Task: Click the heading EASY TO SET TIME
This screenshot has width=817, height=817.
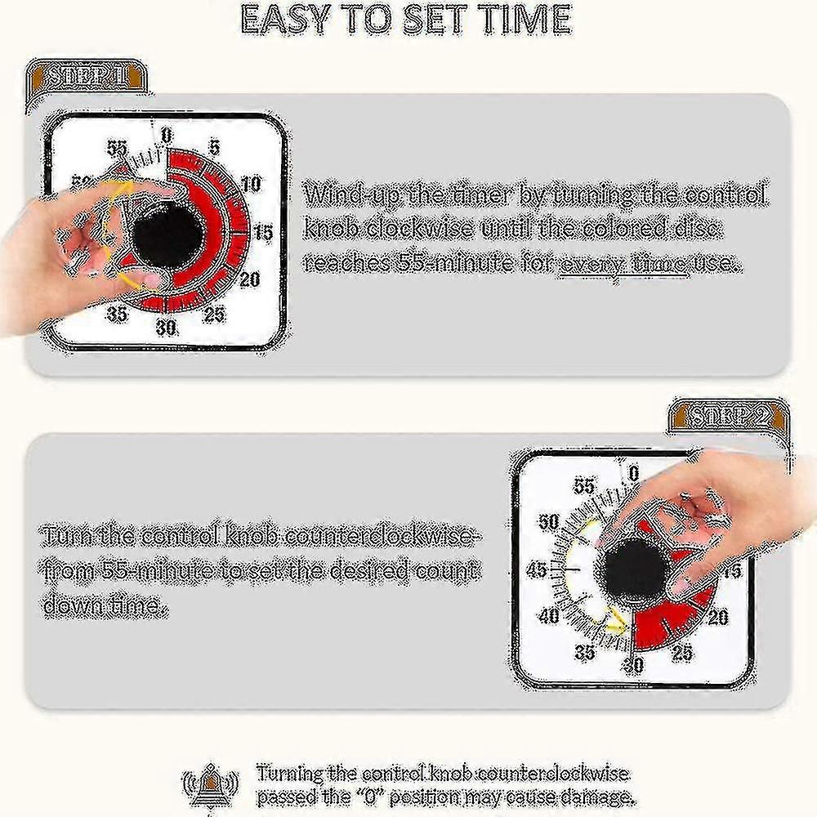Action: (406, 20)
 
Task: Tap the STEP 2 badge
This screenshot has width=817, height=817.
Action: (729, 417)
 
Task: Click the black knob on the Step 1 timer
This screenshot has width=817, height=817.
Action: (167, 237)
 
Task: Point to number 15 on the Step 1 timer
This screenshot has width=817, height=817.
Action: (262, 233)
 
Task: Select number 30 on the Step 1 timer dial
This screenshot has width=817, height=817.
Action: (166, 328)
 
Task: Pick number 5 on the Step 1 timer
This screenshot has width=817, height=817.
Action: (214, 148)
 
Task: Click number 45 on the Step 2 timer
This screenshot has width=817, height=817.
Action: (537, 569)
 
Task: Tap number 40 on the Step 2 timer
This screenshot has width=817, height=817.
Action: (549, 617)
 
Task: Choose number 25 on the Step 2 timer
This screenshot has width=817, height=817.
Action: (681, 652)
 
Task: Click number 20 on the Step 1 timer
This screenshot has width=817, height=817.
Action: (249, 279)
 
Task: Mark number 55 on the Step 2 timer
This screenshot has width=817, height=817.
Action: (584, 487)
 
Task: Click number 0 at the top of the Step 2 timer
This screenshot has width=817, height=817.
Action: (632, 472)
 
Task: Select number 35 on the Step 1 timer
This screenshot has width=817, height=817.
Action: (117, 314)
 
